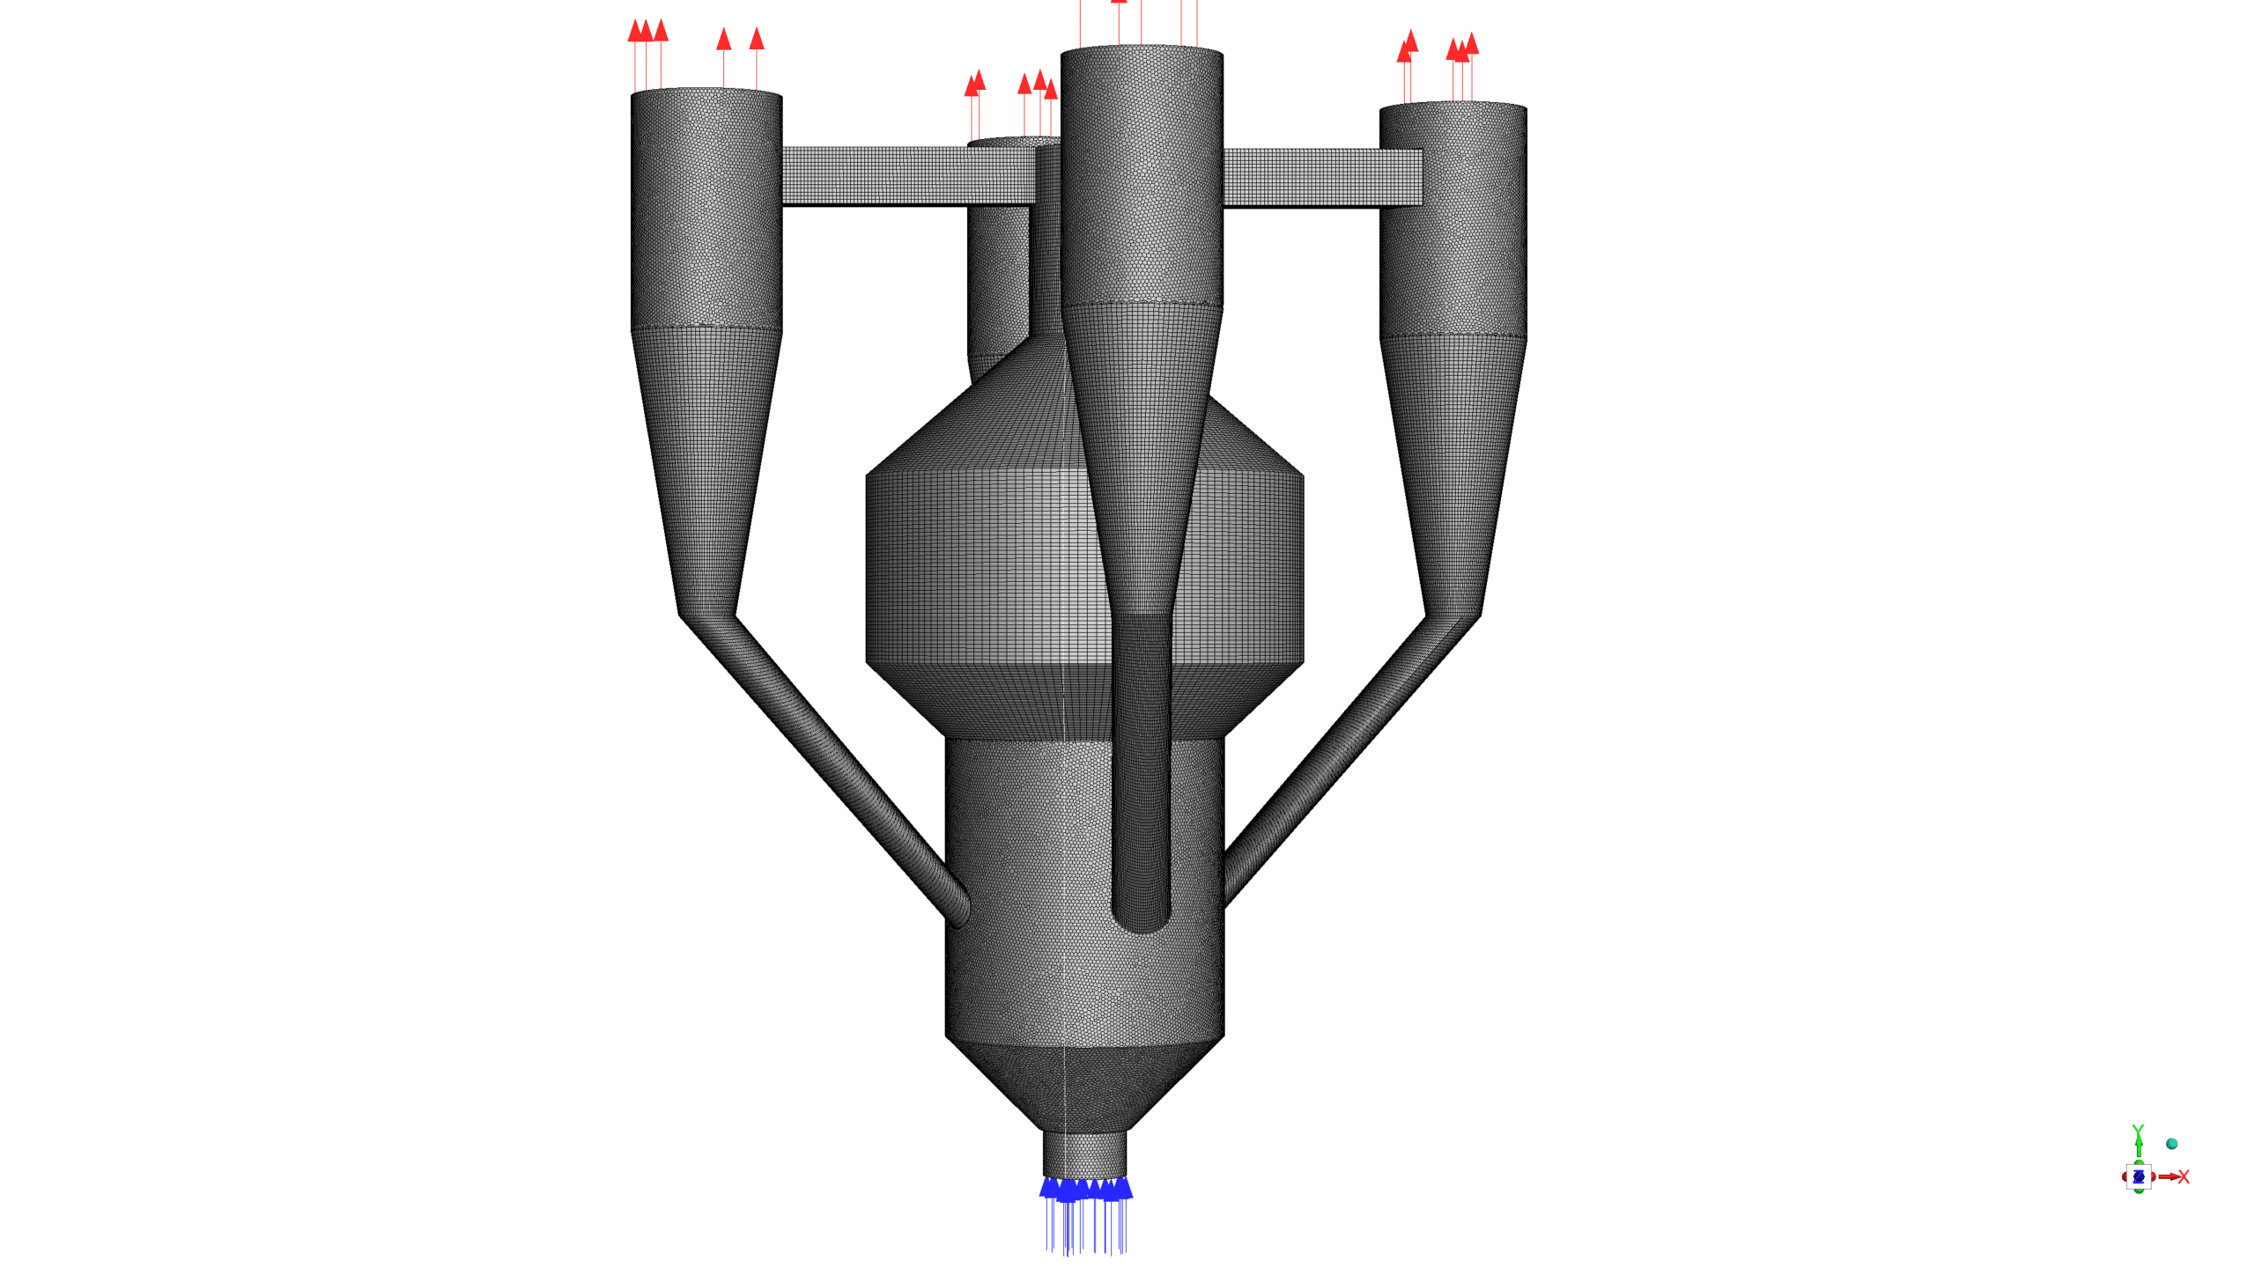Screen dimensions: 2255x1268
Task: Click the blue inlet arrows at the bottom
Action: point(1085,1215)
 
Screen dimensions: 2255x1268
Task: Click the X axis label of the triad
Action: point(2184,1177)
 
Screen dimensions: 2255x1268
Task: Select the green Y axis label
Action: point(2138,1132)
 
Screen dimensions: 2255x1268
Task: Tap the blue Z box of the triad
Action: point(2138,1176)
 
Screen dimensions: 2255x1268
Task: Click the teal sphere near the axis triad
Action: point(2171,1144)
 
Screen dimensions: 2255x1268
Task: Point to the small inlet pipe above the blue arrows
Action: point(1085,1154)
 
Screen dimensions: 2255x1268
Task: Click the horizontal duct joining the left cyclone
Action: point(907,176)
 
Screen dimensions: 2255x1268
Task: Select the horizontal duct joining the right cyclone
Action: point(1321,178)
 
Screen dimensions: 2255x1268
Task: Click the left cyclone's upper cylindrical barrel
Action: point(706,211)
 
